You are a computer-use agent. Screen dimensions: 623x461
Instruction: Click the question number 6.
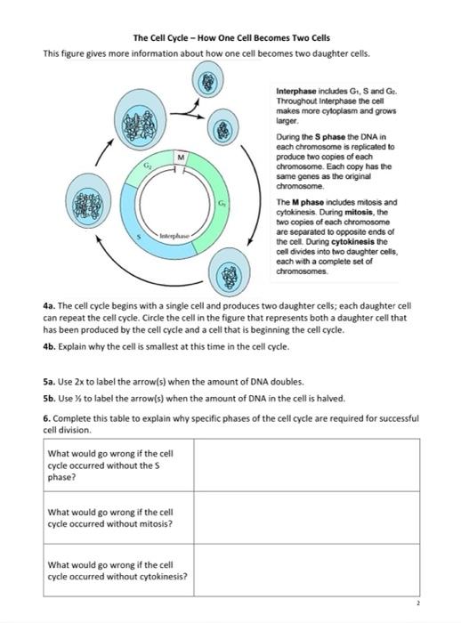point(46,417)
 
